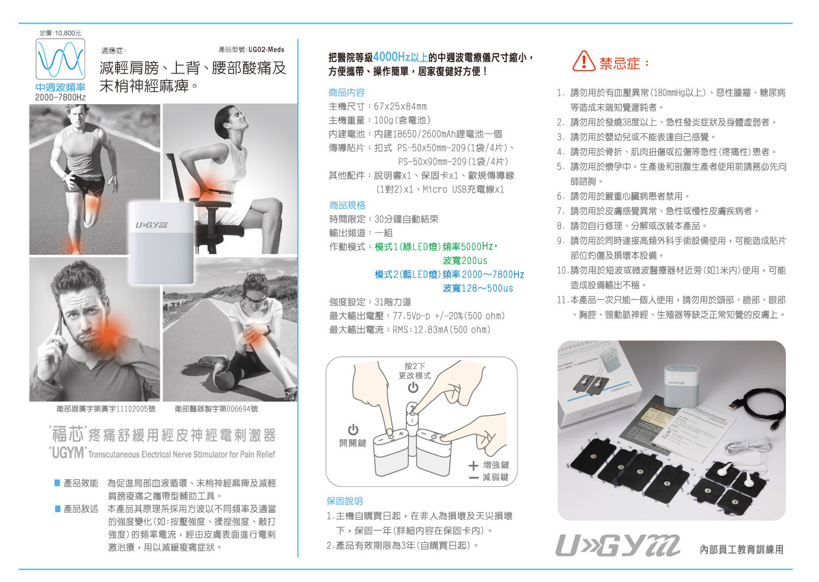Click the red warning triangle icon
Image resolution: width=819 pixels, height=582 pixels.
pos(584,61)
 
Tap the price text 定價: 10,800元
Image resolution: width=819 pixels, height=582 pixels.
pos(60,33)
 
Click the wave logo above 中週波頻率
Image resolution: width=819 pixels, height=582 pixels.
pos(60,59)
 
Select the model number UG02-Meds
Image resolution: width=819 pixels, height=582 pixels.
pos(266,50)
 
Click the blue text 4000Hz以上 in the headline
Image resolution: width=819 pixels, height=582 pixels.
pos(400,57)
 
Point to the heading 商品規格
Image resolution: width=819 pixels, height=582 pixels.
pos(347,205)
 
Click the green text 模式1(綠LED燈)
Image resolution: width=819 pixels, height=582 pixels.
pos(407,247)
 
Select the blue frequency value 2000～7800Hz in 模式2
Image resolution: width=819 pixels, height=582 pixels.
pos(493,275)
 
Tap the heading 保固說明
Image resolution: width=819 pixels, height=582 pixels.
pos(344,501)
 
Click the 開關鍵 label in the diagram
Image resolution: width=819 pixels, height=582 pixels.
pos(353,443)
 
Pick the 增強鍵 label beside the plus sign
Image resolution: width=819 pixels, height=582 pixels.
pos(496,465)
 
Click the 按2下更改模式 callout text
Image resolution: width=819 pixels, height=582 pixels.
pos(415,371)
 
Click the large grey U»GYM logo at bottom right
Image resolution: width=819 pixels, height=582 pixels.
pos(617,546)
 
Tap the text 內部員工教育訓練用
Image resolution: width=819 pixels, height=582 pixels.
pos(742,549)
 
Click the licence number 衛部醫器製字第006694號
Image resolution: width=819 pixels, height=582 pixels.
pos(216,409)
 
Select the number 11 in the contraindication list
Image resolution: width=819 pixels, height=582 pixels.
pos(562,300)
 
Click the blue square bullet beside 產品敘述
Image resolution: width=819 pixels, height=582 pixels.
pos(57,509)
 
